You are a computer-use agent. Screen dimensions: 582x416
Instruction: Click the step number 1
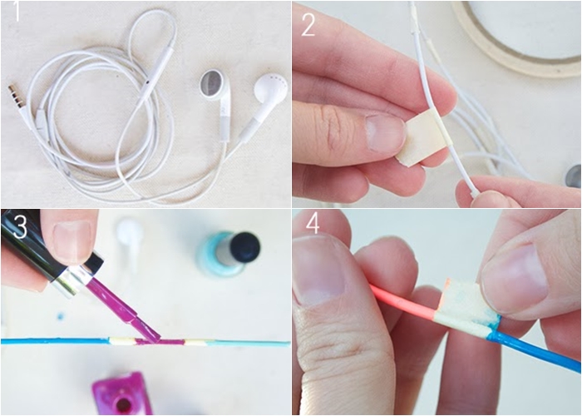17,12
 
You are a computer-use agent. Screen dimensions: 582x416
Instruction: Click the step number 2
308,25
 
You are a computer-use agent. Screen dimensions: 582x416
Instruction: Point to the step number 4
313,223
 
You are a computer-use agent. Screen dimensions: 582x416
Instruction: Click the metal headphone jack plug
14,96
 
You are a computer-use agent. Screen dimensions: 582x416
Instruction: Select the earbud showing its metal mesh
214,85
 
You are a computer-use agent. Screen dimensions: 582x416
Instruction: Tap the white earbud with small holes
270,88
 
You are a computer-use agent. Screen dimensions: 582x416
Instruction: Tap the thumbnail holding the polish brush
73,240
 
